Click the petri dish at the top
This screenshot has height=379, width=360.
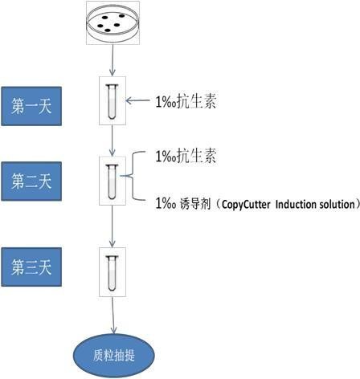pos(112,22)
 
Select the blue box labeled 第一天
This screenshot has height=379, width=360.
pos(31,106)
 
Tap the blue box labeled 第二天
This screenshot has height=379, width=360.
pos(31,181)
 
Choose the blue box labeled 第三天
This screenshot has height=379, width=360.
pos(31,267)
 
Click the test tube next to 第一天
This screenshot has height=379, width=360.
pos(112,101)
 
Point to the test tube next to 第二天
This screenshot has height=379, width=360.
pos(112,181)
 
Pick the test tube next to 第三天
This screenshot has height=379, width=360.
pos(112,273)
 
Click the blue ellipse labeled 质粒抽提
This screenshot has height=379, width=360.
pos(114,356)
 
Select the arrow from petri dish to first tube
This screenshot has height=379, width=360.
pos(112,60)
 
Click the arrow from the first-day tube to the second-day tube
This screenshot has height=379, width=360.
pos(112,141)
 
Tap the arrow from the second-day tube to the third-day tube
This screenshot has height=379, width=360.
pos(112,226)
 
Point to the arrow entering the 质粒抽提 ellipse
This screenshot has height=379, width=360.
pos(113,316)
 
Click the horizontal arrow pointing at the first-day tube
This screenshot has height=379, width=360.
pos(137,100)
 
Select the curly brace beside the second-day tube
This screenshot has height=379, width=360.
pos(133,176)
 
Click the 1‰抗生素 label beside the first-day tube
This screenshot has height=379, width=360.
pos(186,101)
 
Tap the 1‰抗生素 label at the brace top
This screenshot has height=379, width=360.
pos(186,156)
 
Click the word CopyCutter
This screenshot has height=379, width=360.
pos(246,205)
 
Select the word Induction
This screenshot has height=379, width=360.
pos(292,204)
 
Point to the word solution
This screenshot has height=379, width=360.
pos(333,204)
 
